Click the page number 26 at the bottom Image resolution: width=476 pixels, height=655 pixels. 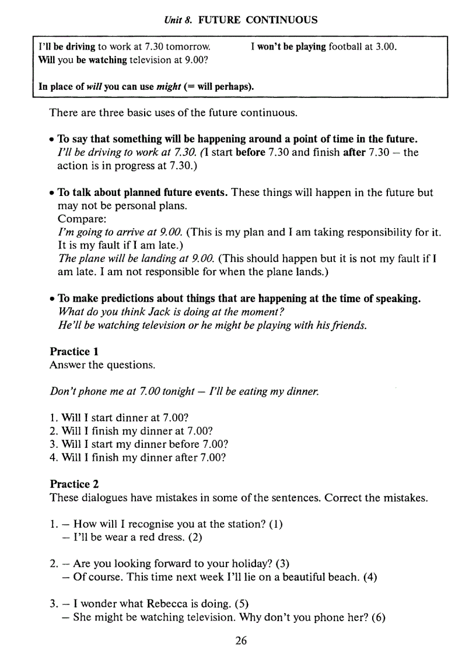click(x=241, y=640)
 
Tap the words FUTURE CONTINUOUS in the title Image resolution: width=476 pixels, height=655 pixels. click(x=258, y=20)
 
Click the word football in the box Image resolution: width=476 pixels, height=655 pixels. click(x=345, y=47)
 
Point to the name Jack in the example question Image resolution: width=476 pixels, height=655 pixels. click(x=155, y=312)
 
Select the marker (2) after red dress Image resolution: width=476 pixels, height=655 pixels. click(x=195, y=537)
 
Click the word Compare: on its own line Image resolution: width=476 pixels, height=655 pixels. click(x=78, y=219)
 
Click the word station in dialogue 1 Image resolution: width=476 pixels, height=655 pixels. click(x=244, y=524)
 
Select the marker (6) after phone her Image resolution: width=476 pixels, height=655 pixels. click(x=378, y=617)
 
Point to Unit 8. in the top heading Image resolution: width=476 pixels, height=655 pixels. click(x=178, y=20)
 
